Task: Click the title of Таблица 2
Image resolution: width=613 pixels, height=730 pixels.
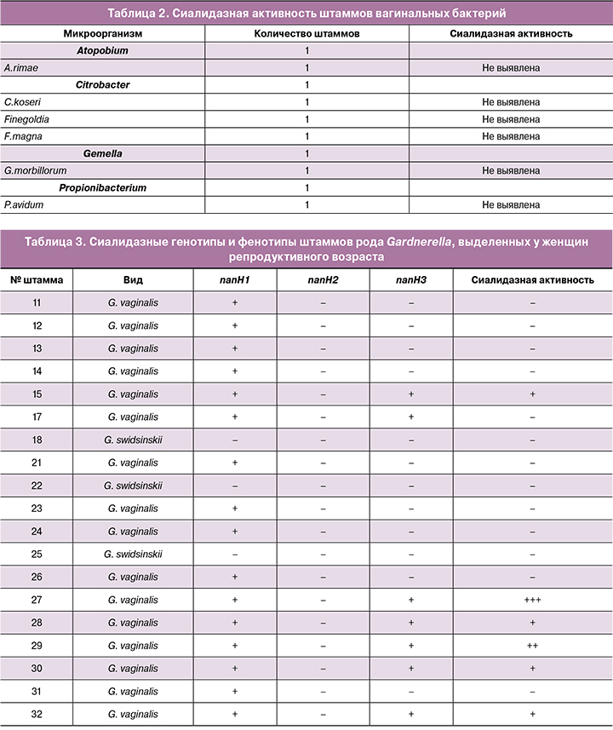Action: pos(306,13)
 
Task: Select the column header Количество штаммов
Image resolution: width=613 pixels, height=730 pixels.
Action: pos(306,33)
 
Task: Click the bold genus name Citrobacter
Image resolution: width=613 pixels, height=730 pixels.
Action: pos(102,85)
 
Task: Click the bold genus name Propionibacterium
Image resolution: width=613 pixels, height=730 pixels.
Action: pos(102,187)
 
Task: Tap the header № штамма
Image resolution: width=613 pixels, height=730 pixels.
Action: pos(36,279)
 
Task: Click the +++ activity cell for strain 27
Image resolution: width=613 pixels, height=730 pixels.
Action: pos(533,601)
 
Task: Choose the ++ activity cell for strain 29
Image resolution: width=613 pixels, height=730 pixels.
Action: pos(533,647)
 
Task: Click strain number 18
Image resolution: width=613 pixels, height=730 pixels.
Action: pos(37,440)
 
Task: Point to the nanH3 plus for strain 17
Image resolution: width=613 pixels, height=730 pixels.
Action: pos(411,417)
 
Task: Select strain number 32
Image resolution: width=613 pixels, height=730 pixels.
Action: pos(37,715)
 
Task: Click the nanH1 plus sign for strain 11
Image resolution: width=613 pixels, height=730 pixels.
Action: pos(234,302)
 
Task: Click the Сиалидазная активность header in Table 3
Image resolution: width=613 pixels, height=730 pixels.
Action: pos(533,279)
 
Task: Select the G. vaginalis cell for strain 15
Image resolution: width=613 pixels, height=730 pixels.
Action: pos(134,394)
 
